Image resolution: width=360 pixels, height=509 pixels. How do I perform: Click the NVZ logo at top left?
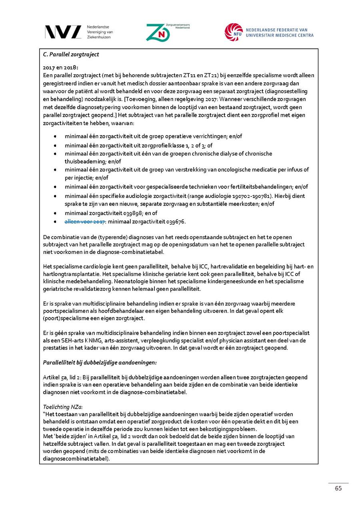point(63,32)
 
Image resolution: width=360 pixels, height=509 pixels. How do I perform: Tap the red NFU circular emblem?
point(233,32)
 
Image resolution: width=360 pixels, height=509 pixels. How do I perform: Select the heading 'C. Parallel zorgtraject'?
point(71,54)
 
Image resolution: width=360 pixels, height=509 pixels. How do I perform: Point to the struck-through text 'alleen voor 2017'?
point(85,222)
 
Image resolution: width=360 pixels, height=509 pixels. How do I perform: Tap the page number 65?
point(338,489)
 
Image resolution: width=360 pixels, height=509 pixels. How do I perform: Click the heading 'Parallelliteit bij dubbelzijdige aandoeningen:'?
point(100,362)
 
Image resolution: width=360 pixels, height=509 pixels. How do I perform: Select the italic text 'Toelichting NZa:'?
point(62,406)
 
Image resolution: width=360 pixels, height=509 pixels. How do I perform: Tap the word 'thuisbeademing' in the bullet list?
point(84,162)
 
